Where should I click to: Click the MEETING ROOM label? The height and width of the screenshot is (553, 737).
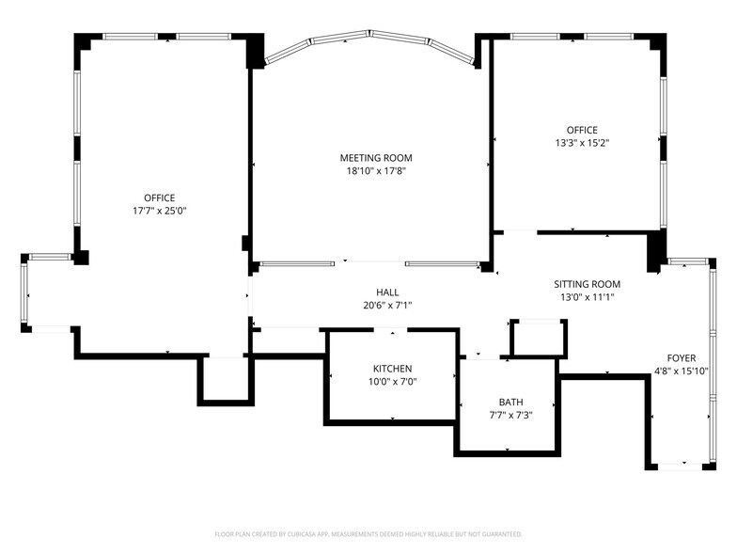(x=375, y=158)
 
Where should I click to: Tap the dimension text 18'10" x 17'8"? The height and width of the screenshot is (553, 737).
(x=375, y=171)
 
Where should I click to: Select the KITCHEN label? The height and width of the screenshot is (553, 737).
(x=392, y=369)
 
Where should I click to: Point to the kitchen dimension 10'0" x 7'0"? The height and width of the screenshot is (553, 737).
(x=392, y=382)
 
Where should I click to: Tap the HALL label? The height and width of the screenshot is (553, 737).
(x=387, y=292)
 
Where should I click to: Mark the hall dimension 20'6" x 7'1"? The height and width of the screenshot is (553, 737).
(x=387, y=306)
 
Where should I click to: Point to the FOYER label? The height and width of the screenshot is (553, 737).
(x=682, y=358)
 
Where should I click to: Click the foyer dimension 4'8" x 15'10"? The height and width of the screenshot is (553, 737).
(x=682, y=371)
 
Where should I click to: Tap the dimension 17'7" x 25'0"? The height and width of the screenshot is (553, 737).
(x=159, y=212)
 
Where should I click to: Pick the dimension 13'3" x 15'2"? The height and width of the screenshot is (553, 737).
(x=581, y=144)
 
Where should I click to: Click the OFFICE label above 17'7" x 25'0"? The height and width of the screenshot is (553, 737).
(x=159, y=198)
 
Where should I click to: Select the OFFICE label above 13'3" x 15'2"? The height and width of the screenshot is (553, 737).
(x=581, y=131)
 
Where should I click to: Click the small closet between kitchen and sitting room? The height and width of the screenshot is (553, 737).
(x=538, y=338)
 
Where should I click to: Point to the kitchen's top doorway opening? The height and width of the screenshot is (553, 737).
(x=392, y=330)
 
